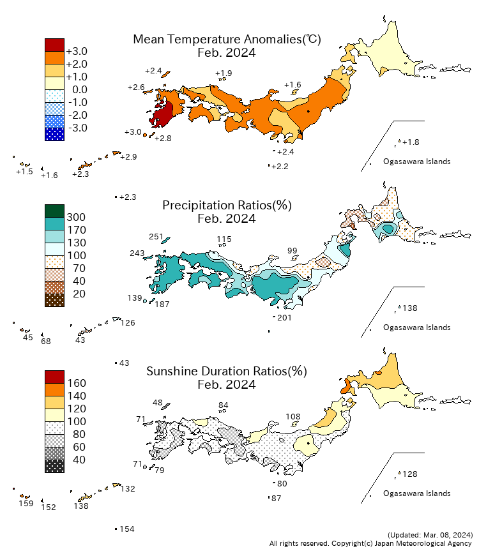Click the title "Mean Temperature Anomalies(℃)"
pos(227,40)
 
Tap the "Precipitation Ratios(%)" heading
pos(227,206)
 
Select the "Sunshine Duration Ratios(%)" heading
pos(227,372)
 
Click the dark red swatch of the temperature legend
pos(54,45)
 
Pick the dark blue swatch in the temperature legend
pos(54,134)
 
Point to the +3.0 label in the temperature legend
pos(77,51)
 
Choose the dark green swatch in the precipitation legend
pos(54,211)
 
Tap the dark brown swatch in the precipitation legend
pos(54,300)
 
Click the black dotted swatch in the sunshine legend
pos(54,466)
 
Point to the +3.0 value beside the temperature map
pos(133,132)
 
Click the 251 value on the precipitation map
pos(156,237)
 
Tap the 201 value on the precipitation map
pos(285,317)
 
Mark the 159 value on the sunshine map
pos(26,504)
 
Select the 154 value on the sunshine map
pos(127,529)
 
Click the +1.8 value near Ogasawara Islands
pos(412,142)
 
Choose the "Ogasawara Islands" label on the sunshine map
pos(416,493)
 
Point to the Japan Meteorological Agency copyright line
pos(371,543)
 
